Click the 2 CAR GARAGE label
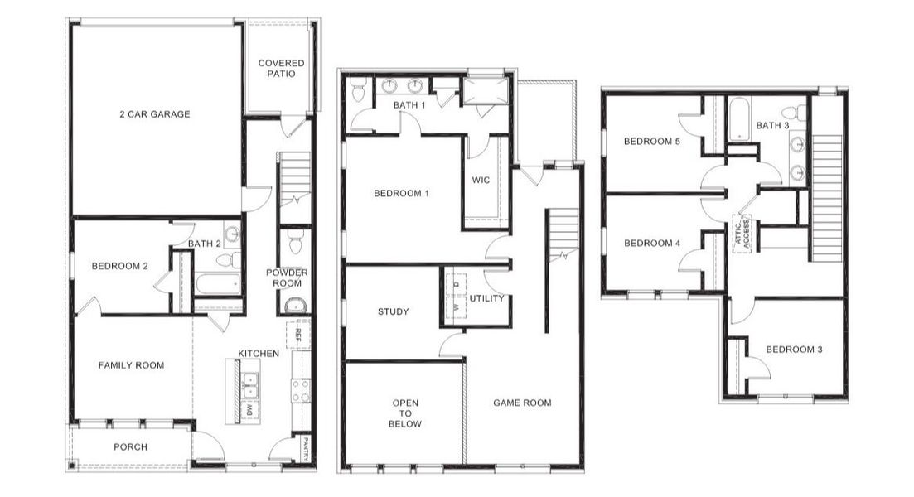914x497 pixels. (x=154, y=114)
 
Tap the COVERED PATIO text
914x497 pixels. (x=281, y=68)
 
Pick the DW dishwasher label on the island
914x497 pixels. (x=249, y=409)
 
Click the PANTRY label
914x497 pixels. (x=306, y=449)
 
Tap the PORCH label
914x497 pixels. (x=130, y=447)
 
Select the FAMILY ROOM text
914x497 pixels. (x=131, y=365)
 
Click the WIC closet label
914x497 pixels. (x=481, y=180)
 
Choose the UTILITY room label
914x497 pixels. (x=486, y=298)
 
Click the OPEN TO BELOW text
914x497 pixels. (x=406, y=413)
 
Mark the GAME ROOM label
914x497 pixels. (x=522, y=403)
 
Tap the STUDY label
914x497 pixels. (x=393, y=312)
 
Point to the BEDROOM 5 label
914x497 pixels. (x=652, y=142)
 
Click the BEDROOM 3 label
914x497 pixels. (x=794, y=350)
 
